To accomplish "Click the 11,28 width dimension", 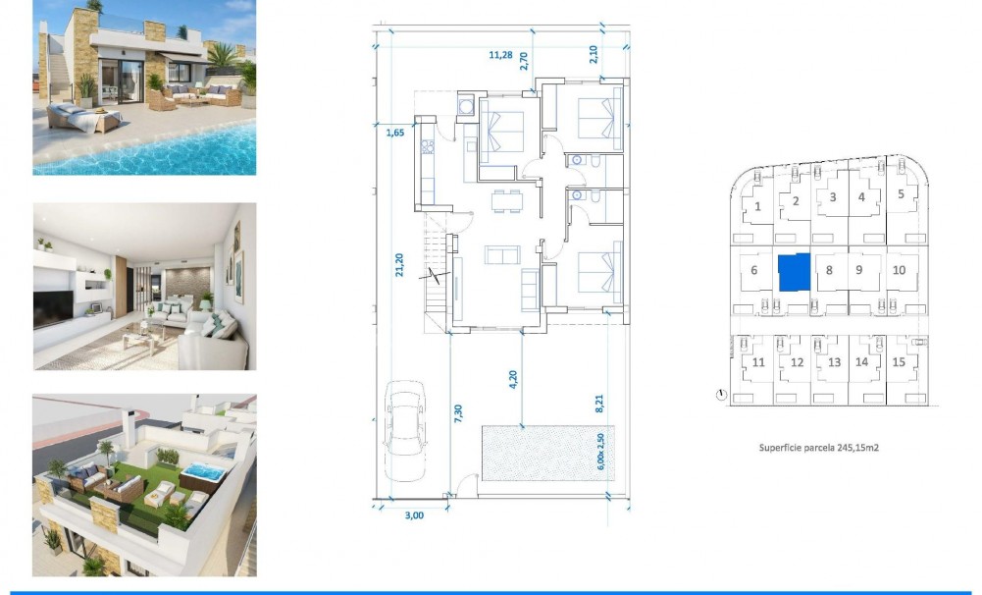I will point(500,56).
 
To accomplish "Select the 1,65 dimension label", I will point(395,132).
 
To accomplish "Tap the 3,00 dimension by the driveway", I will point(413,514).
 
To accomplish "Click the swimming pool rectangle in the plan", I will point(546,453).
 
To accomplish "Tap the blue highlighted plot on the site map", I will point(794,272).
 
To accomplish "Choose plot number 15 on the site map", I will point(899,362).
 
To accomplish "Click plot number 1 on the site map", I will point(758,206).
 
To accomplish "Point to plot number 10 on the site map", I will point(899,270).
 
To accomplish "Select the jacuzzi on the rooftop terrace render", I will point(203,475).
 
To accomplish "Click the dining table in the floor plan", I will point(507,200).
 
